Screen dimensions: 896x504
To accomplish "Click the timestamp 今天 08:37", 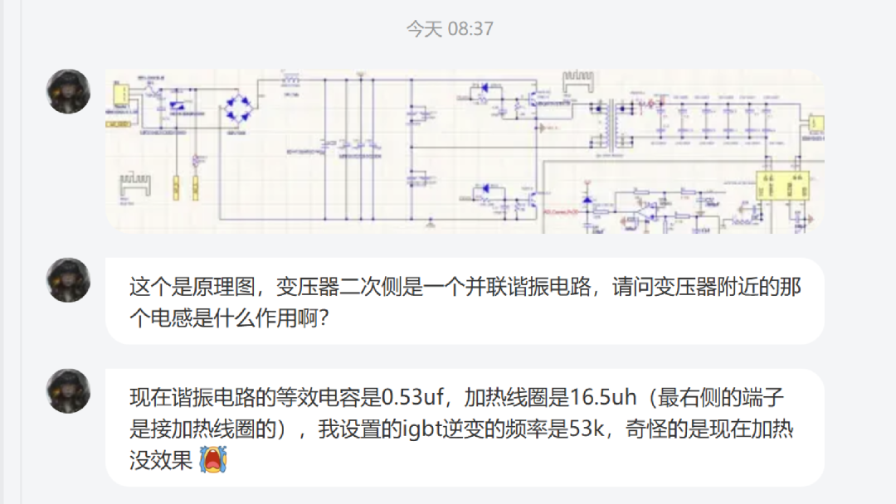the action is pyautogui.click(x=450, y=29).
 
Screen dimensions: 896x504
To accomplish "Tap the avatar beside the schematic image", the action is pyautogui.click(x=68, y=91).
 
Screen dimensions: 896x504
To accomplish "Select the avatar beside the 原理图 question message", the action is pyautogui.click(x=68, y=279).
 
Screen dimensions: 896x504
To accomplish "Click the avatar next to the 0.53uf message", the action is pyautogui.click(x=68, y=390).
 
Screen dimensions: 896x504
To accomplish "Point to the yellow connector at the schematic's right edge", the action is pyautogui.click(x=816, y=125).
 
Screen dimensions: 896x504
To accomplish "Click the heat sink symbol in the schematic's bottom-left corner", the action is pyautogui.click(x=134, y=183).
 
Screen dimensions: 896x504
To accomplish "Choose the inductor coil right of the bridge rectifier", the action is pyautogui.click(x=290, y=80).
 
